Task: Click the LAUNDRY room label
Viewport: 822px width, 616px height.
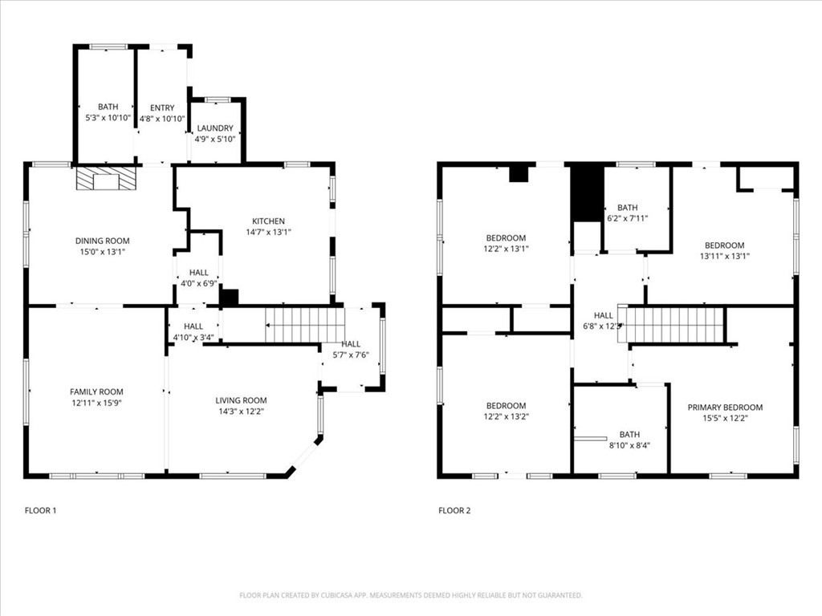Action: pos(214,128)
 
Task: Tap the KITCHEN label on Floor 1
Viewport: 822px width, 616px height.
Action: pos(268,221)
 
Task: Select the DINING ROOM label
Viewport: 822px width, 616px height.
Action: pos(102,241)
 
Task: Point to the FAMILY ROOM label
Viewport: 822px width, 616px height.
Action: pos(95,392)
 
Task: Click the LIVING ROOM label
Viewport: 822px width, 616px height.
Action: pos(241,400)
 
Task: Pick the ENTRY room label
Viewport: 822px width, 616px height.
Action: pos(161,108)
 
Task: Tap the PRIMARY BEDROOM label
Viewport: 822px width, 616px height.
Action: pos(725,407)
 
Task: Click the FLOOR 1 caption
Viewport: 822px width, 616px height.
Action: pos(40,510)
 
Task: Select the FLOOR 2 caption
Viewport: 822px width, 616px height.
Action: pos(454,510)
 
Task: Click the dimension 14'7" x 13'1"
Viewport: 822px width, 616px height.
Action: pos(268,232)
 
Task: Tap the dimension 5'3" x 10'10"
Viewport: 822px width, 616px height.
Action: pos(108,118)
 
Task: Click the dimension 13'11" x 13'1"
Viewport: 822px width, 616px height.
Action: pos(724,257)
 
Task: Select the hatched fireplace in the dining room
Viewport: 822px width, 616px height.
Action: pos(106,179)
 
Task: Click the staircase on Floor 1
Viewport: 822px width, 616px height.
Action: pos(305,325)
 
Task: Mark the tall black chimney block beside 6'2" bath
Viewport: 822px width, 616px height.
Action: pos(588,192)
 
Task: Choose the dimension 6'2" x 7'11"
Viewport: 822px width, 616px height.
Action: pos(627,218)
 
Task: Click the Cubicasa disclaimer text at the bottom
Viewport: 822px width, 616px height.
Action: pos(410,595)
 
